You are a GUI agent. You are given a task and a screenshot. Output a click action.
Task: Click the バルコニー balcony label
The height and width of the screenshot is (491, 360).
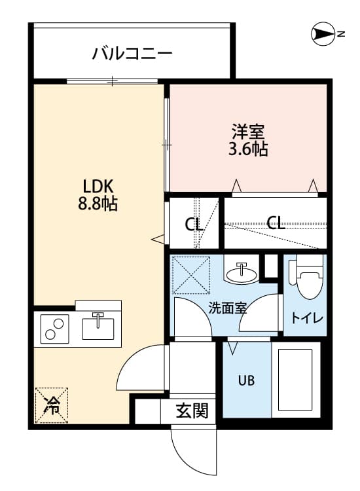[x=132, y=52]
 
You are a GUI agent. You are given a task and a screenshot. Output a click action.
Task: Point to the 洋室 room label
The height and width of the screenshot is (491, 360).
[x=247, y=130]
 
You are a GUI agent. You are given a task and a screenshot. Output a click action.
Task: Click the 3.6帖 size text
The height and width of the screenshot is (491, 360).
[x=247, y=149]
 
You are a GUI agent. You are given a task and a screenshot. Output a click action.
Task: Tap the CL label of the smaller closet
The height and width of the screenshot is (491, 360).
[x=192, y=225]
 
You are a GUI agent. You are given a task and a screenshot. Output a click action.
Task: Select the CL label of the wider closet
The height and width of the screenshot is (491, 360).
[x=276, y=223]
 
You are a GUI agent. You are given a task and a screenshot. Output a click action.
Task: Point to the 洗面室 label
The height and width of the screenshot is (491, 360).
[x=228, y=308]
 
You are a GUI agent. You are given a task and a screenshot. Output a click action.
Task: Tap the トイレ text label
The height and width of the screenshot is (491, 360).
[x=306, y=319]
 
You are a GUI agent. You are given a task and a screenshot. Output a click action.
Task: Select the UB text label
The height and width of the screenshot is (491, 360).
[x=246, y=380]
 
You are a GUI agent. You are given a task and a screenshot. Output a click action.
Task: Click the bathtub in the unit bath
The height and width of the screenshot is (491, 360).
[x=296, y=380]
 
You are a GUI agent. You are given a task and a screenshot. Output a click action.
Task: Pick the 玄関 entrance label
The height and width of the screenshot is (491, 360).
[x=192, y=411]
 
